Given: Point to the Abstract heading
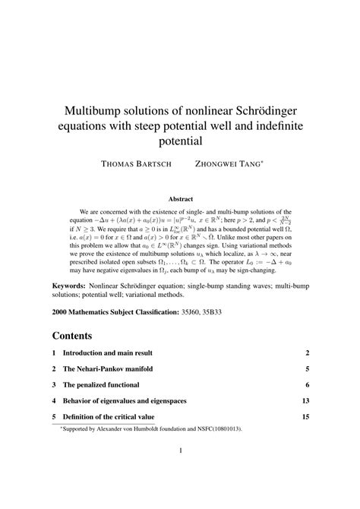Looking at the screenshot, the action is [x=180, y=199].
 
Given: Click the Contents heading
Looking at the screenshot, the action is [x=72, y=334].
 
